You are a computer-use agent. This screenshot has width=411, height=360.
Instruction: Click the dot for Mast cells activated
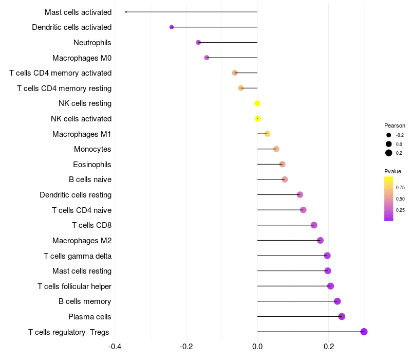coord(126,12)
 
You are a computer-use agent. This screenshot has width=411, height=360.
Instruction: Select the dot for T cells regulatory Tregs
coord(364,332)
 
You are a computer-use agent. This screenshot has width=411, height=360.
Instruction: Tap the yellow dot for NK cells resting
coord(257,103)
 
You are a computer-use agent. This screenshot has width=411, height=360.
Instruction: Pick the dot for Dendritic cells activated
coord(172,27)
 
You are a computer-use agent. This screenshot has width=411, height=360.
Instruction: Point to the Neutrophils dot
coord(198,42)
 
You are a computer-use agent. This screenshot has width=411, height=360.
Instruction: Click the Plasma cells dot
coord(342,316)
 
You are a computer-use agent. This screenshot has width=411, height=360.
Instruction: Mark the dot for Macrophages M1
coord(267,134)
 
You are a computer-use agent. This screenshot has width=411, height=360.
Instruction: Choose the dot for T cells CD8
coord(314,225)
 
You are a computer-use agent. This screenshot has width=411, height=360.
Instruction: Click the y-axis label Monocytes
coord(92,149)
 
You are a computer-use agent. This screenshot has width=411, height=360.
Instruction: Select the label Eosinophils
coord(92,164)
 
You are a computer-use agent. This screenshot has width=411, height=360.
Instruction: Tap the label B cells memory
coord(85,301)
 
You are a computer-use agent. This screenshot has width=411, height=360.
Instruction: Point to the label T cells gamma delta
coord(78,256)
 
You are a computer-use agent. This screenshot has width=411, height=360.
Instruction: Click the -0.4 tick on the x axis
coord(115,347)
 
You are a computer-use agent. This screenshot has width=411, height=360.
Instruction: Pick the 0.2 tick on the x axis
coord(329,347)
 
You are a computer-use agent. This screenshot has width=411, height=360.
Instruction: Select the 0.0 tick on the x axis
coord(257,347)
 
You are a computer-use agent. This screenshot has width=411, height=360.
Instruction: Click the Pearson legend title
coord(395,125)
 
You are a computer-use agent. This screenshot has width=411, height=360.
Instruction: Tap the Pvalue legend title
coord(393,171)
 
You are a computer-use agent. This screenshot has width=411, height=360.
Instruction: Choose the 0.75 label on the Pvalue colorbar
coord(400,187)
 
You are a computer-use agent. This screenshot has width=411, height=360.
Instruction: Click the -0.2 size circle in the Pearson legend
coord(388,135)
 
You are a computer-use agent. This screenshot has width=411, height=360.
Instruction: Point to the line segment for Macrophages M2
coord(289,240)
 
